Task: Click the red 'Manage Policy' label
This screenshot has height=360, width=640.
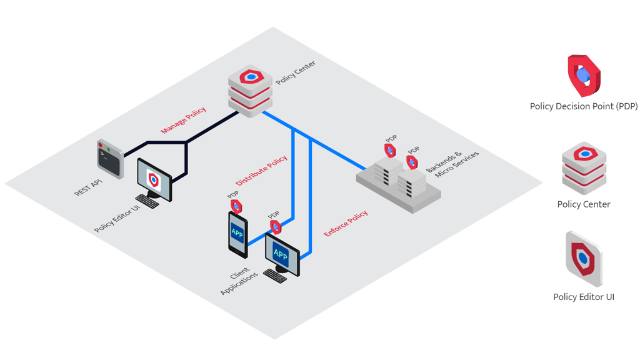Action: pyautogui.click(x=183, y=120)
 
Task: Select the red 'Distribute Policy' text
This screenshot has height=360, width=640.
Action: pyautogui.click(x=261, y=170)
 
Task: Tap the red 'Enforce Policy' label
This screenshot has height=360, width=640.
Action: pyautogui.click(x=346, y=223)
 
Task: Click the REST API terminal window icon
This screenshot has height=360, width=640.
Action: pyautogui.click(x=110, y=159)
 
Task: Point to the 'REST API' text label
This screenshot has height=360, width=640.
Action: pyautogui.click(x=88, y=187)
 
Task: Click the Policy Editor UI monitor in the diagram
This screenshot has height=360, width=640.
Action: pyautogui.click(x=154, y=179)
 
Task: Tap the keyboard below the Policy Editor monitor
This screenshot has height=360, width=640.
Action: pyautogui.click(x=147, y=201)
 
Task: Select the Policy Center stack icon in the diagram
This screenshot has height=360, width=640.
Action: pyautogui.click(x=250, y=91)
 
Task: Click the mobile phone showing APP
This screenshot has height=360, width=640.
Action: pyautogui.click(x=238, y=235)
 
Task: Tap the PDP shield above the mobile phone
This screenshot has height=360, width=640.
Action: pyautogui.click(x=236, y=206)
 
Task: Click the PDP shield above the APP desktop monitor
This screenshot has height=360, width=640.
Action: pyautogui.click(x=276, y=227)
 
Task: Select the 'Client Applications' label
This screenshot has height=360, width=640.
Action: pyautogui.click(x=239, y=280)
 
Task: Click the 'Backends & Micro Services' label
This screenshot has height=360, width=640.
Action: pyautogui.click(x=452, y=164)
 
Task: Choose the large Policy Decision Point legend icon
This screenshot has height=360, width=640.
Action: pyautogui.click(x=584, y=76)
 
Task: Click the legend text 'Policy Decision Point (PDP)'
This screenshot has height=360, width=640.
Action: pyautogui.click(x=584, y=106)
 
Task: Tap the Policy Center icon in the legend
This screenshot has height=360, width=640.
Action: pyautogui.click(x=584, y=168)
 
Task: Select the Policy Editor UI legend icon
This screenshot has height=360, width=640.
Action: pyautogui.click(x=584, y=259)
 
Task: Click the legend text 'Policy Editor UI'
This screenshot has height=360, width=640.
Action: pyautogui.click(x=584, y=297)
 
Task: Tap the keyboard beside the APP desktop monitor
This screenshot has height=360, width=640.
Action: pyautogui.click(x=275, y=276)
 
